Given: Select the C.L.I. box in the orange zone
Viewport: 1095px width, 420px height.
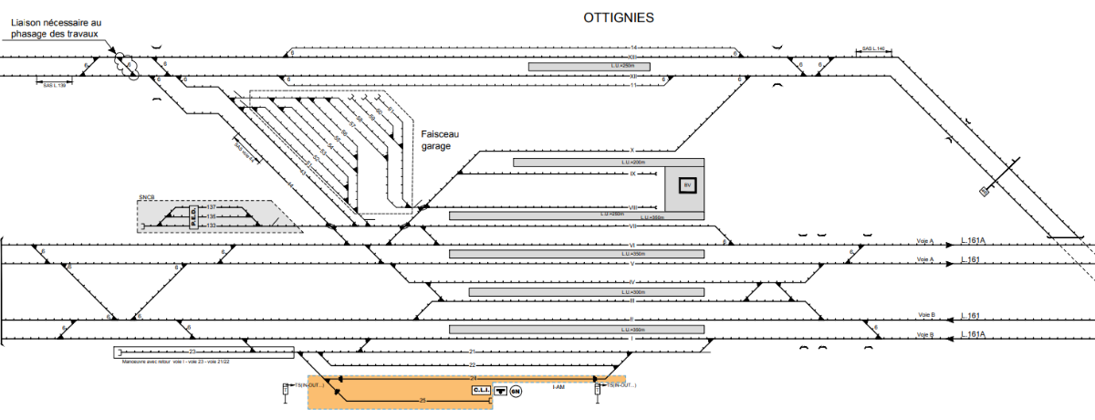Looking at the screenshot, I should click(481, 390).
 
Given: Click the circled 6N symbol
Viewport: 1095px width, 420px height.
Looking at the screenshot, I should click(516, 391).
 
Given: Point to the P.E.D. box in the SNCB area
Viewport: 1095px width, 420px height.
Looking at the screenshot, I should click(193, 216).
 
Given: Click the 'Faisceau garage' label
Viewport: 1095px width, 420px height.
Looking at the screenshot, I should click(436, 139).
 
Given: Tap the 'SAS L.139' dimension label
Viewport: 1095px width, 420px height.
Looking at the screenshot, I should click(55, 85).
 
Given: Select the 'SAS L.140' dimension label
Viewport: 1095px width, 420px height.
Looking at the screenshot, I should click(873, 49).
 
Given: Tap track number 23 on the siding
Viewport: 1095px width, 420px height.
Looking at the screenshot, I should click(192, 352).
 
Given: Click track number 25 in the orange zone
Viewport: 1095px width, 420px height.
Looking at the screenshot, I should click(422, 399).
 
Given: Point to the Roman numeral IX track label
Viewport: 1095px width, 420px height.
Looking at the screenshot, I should click(631, 173).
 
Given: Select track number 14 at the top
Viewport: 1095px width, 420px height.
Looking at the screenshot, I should click(632, 47).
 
